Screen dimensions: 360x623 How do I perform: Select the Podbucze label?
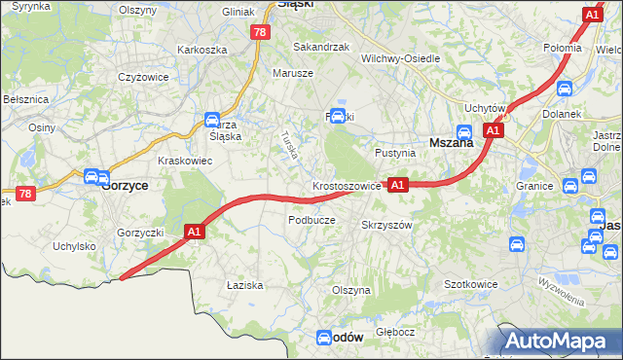coord(311,220)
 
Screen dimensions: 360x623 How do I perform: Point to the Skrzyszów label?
coord(387,225)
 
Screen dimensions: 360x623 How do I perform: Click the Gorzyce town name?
coord(126,185)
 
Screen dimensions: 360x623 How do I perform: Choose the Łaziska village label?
coord(245,285)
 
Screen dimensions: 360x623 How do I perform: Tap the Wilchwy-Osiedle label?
coord(401,58)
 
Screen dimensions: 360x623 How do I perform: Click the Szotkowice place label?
coord(471,284)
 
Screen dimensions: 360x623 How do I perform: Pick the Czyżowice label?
coord(144,77)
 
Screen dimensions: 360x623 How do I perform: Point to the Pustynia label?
coord(396,154)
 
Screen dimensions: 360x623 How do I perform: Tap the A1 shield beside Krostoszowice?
coord(396,184)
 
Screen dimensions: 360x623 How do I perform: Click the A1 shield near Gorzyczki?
coord(194,232)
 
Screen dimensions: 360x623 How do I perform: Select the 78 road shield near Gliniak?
coord(259,32)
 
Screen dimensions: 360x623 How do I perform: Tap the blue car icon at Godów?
coord(325,338)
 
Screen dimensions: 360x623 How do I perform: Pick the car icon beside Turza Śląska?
coord(211,121)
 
